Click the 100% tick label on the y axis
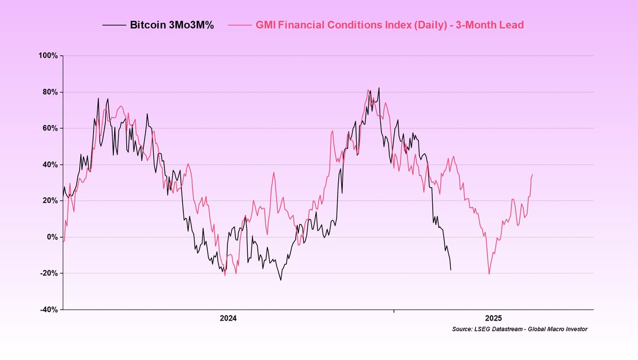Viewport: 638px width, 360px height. pyautogui.click(x=49, y=56)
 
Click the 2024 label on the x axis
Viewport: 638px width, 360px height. pyautogui.click(x=228, y=319)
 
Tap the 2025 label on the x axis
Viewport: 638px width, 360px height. pyautogui.click(x=493, y=319)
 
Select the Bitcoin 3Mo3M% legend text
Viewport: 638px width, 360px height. pyautogui.click(x=172, y=25)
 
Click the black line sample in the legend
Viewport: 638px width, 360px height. pyautogui.click(x=114, y=25)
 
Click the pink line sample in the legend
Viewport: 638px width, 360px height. pyautogui.click(x=240, y=25)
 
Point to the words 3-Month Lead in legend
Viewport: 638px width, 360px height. pyautogui.click(x=495, y=25)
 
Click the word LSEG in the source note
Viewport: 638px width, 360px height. pyautogui.click(x=483, y=330)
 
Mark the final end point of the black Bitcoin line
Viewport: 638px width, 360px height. pyautogui.click(x=451, y=270)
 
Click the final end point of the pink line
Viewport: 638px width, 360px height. pyautogui.click(x=532, y=174)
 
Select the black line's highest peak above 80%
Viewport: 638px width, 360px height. pyautogui.click(x=379, y=88)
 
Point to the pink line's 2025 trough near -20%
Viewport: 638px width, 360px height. pyautogui.click(x=489, y=274)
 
